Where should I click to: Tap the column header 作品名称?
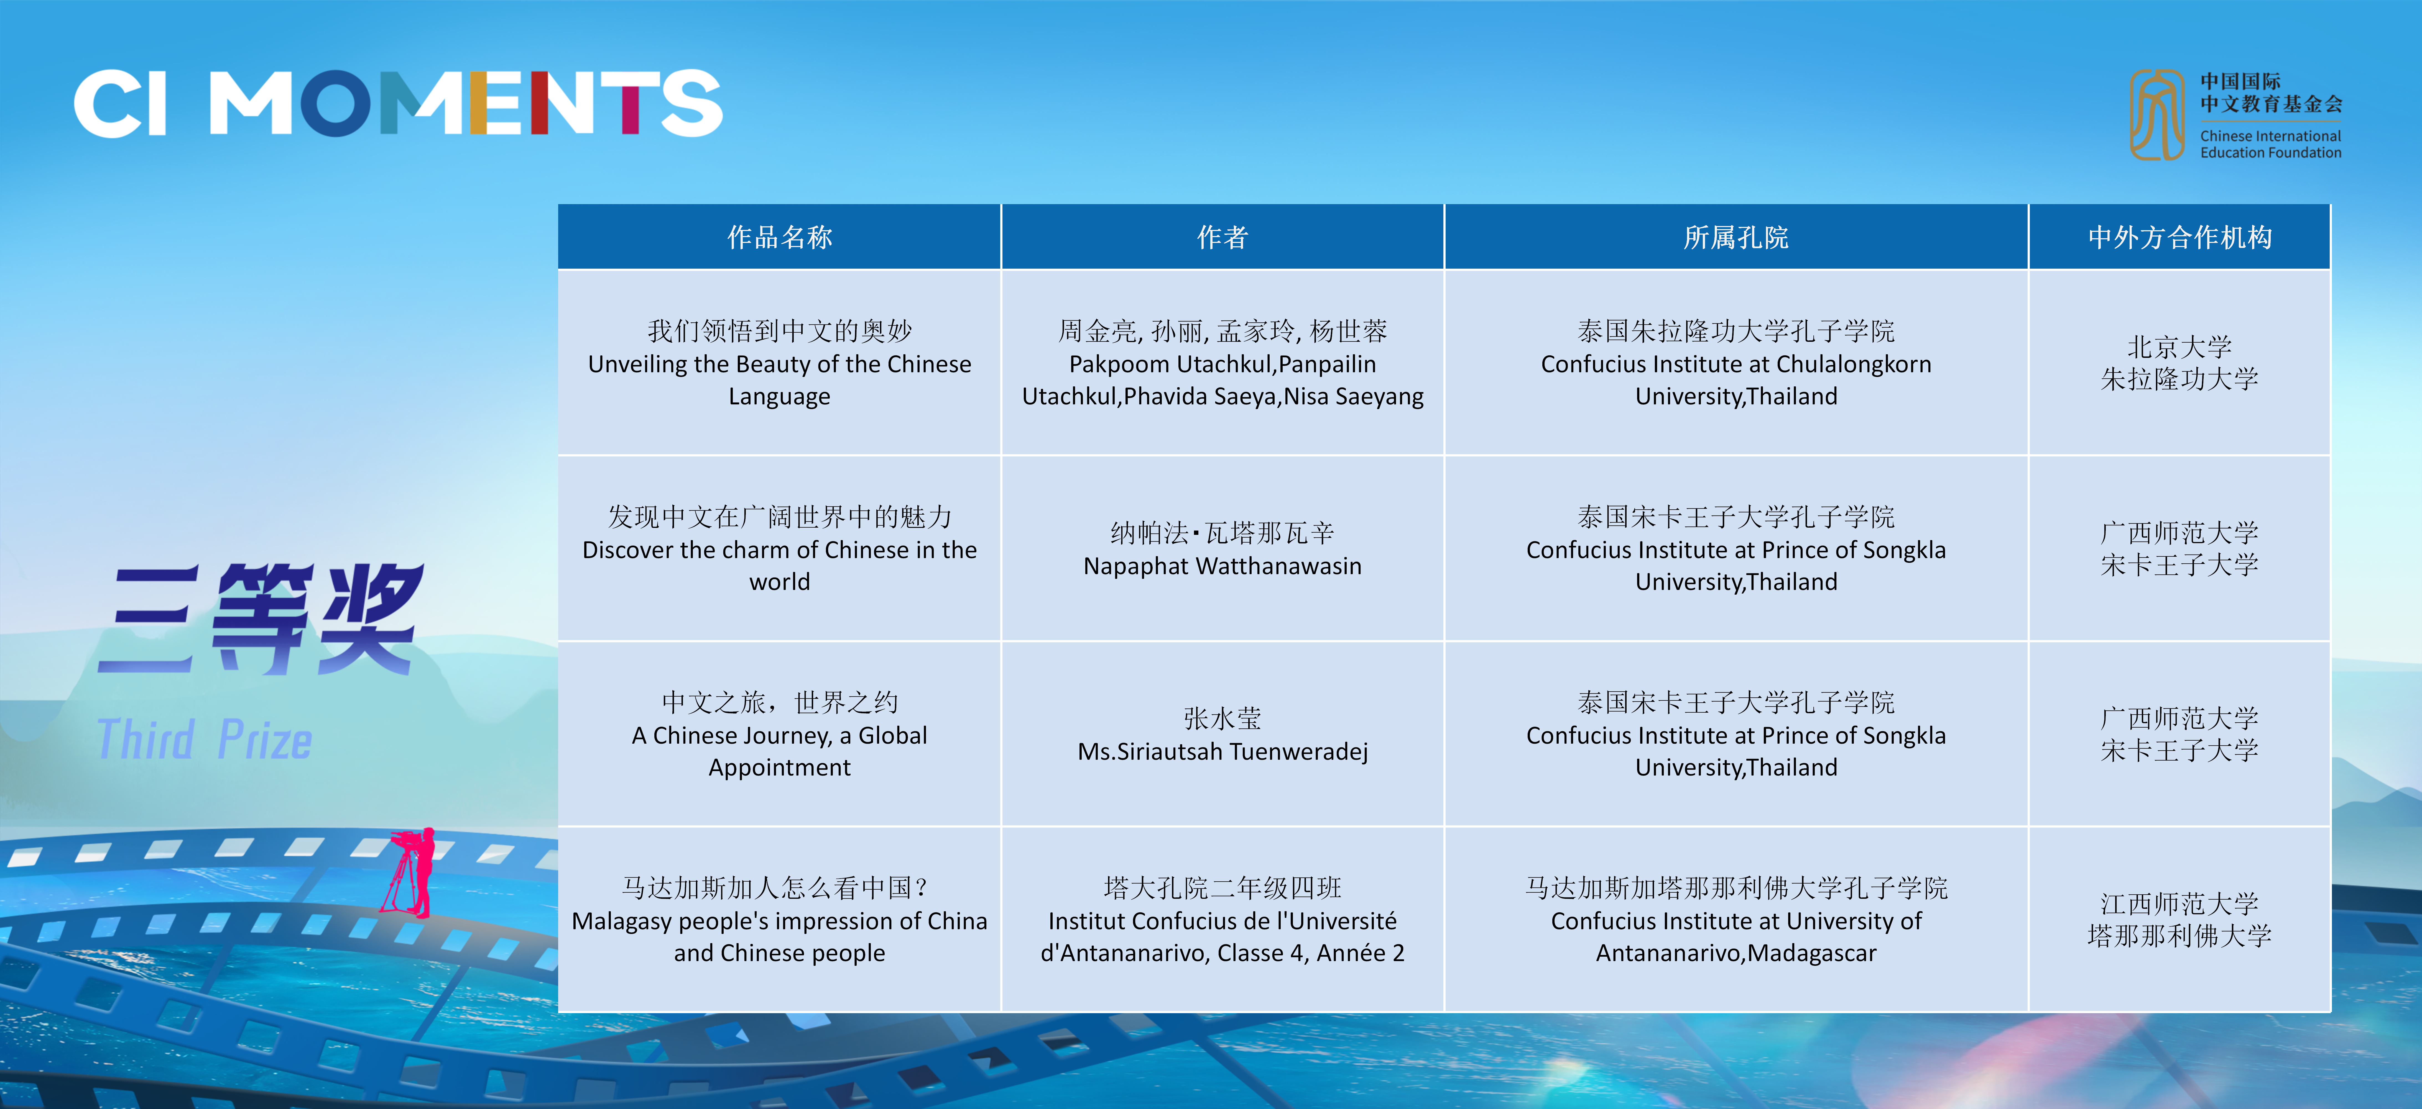779,237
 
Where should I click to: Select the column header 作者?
1222,237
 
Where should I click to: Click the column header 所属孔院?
1736,237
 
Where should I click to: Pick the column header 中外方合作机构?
2179,237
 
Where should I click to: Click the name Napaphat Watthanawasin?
1222,566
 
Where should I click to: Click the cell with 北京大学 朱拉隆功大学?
2179,363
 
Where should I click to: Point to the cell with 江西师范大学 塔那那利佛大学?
2179,919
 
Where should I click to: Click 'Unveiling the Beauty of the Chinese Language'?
779,380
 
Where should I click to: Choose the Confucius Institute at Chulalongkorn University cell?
1736,363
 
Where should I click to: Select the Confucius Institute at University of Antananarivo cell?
1736,919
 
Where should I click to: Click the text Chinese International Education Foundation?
2271,144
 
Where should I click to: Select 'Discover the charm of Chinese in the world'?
779,566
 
